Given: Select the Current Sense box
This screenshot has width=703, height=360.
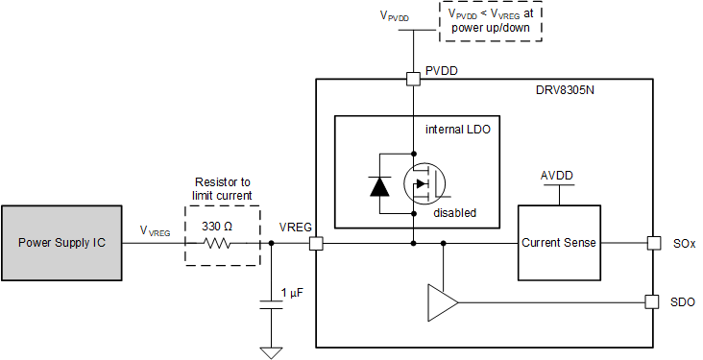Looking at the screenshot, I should coord(558,243).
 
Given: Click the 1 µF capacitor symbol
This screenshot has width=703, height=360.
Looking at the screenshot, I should coord(271,304).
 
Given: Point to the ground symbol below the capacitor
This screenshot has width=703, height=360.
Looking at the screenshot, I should coord(271,350).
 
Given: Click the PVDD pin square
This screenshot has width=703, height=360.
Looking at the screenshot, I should coord(413,79).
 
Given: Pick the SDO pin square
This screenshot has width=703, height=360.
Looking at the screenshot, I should coord(652,301).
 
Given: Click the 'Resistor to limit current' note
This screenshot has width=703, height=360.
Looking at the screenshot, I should coord(223,188).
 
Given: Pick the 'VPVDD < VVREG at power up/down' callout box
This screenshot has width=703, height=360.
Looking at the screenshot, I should coord(490,20).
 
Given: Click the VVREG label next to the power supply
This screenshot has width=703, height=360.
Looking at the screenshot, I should coord(156,231).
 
